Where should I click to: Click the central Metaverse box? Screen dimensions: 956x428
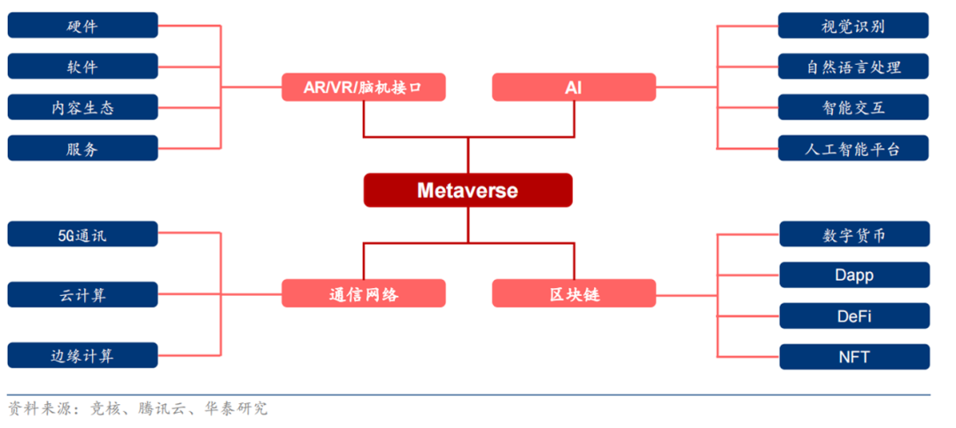[467, 190]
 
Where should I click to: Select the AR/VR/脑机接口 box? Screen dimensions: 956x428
[364, 88]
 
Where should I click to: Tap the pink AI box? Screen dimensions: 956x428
[574, 88]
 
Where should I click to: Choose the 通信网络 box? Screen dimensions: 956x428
[364, 293]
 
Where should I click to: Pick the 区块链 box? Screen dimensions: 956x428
[574, 293]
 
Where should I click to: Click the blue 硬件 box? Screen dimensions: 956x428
[82, 26]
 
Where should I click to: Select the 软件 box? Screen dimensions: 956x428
[82, 66]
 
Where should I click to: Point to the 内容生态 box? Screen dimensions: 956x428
[82, 107]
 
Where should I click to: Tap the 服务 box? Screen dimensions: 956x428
[82, 148]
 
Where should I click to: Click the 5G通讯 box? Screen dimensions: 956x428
[82, 234]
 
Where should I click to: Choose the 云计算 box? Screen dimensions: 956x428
[82, 294]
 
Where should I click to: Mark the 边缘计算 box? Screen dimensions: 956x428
[82, 355]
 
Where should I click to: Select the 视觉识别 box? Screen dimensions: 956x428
[853, 26]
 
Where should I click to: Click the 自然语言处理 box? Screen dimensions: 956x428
[853, 66]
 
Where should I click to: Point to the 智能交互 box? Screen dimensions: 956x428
[853, 107]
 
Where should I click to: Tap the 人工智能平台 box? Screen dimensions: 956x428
[853, 148]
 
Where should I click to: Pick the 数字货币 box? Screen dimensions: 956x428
[854, 235]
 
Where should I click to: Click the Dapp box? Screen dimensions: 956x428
[854, 276]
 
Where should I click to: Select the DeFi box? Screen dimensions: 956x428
[854, 316]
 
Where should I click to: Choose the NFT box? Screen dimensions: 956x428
[854, 357]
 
